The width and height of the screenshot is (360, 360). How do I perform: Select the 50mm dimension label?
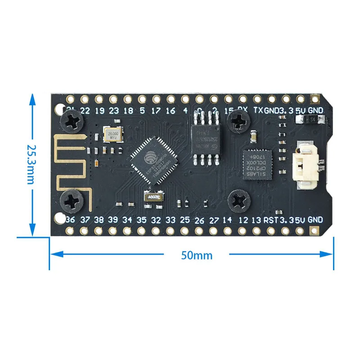point(197,255)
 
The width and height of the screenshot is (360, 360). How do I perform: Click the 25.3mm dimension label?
point(31,164)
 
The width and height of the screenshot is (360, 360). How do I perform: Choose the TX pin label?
point(258,110)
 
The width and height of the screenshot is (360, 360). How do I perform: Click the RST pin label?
point(271,220)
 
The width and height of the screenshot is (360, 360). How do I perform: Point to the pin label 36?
point(70,220)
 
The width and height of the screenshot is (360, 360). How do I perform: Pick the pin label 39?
point(113,220)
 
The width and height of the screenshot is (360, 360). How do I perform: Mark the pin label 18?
point(128,110)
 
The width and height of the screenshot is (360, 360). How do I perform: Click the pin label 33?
point(171,220)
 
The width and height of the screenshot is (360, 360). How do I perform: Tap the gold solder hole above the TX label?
point(257,99)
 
